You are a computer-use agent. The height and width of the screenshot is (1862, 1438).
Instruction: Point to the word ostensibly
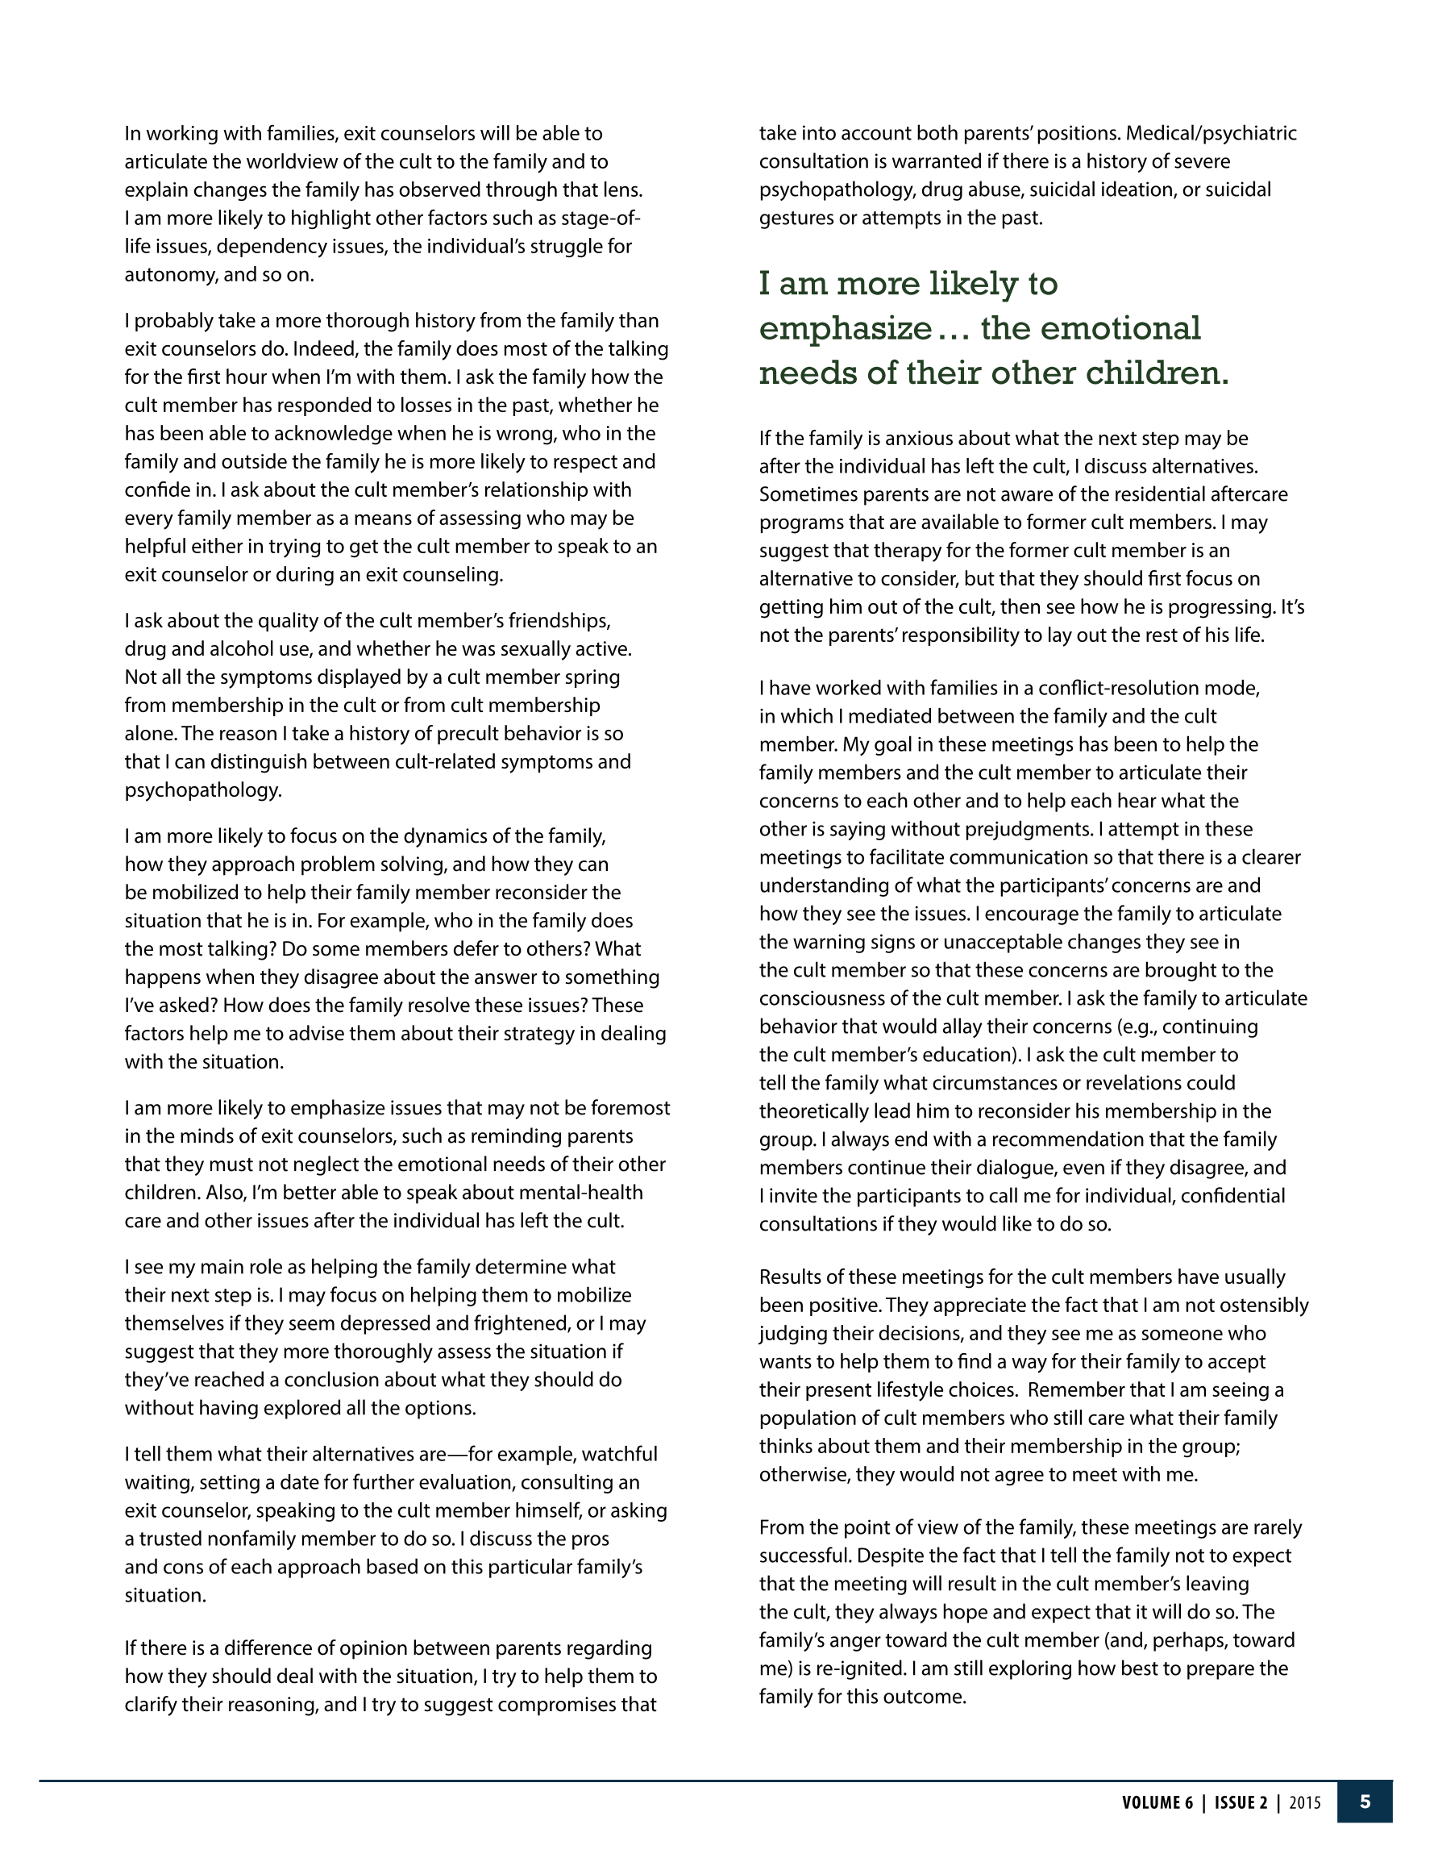click(x=1257, y=1306)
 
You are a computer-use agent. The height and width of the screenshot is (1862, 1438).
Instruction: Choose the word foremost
click(x=630, y=1107)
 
